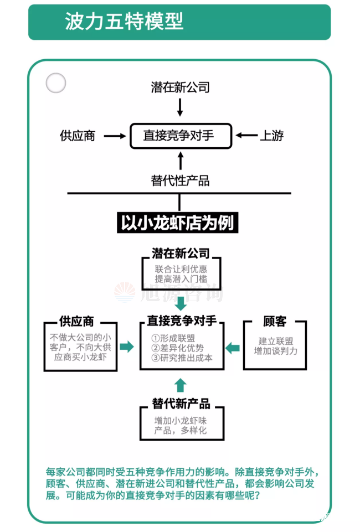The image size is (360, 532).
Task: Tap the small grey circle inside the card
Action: point(55,84)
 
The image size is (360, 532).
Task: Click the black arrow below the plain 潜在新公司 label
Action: point(179,106)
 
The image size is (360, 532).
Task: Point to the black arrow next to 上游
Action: point(246,136)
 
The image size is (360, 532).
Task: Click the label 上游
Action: point(272,136)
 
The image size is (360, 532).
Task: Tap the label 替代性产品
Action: point(180,180)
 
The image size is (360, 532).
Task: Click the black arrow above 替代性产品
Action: point(179,161)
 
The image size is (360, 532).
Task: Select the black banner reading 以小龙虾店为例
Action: point(179,223)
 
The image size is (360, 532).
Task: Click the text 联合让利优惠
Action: point(181,269)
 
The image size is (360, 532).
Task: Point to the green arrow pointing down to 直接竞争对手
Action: point(181,302)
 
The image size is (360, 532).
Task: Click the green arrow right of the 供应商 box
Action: point(127,347)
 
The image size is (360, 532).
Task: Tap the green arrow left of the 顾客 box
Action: point(233,348)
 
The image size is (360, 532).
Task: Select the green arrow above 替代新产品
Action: point(181,385)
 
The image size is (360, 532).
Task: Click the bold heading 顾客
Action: point(275,322)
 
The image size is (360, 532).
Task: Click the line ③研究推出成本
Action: point(182,358)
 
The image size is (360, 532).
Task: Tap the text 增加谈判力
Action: point(275,351)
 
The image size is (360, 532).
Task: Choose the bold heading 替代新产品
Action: point(181,404)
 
